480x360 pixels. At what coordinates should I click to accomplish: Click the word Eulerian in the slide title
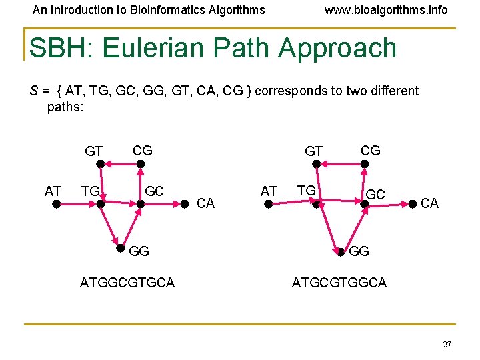point(217,49)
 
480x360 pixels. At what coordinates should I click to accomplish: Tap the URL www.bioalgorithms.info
point(385,10)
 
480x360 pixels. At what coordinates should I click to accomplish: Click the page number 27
point(446,344)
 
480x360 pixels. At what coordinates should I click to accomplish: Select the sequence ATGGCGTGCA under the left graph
point(127,283)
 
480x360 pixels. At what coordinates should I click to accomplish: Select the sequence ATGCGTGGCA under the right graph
point(339,283)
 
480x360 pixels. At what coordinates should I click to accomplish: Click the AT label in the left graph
point(53,192)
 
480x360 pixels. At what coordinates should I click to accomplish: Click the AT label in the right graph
point(269,192)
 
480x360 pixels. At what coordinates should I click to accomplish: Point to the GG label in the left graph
point(139,251)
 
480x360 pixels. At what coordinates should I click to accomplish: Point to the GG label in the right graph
point(359,251)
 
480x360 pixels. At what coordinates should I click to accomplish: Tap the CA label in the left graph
point(206,203)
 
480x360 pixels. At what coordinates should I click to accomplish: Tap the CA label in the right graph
point(430,203)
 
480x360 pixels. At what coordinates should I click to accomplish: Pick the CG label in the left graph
point(143,151)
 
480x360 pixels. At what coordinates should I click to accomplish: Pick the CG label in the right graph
point(371,151)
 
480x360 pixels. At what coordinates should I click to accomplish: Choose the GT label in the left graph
point(94,152)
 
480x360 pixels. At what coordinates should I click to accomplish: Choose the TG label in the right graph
point(306,191)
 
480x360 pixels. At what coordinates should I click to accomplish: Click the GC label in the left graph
point(154,192)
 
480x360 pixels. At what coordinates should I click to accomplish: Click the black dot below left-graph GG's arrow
point(119,249)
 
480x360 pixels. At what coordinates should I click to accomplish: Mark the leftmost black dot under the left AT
point(57,205)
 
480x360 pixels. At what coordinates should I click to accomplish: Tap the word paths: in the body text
point(65,106)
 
